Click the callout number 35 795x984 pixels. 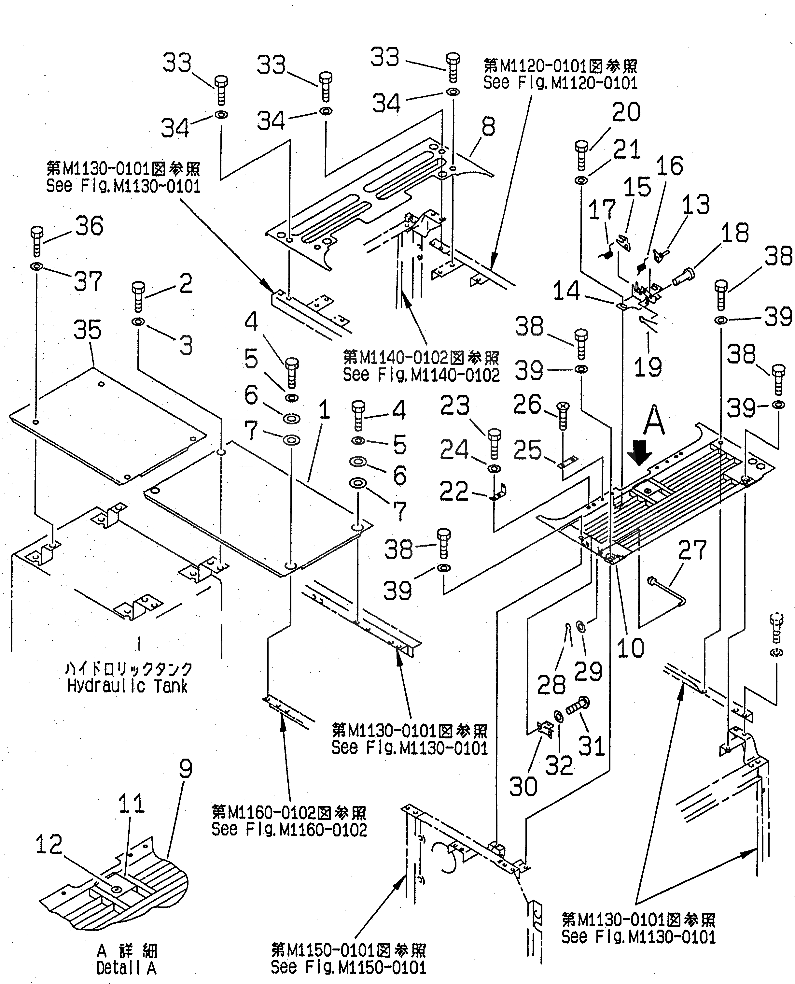88,330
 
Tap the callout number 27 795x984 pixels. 692,550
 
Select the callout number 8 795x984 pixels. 488,127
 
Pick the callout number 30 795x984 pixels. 523,787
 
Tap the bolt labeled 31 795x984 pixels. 578,706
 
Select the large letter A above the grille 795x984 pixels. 653,420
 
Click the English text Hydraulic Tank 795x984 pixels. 127,687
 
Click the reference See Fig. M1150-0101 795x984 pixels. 348,967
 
